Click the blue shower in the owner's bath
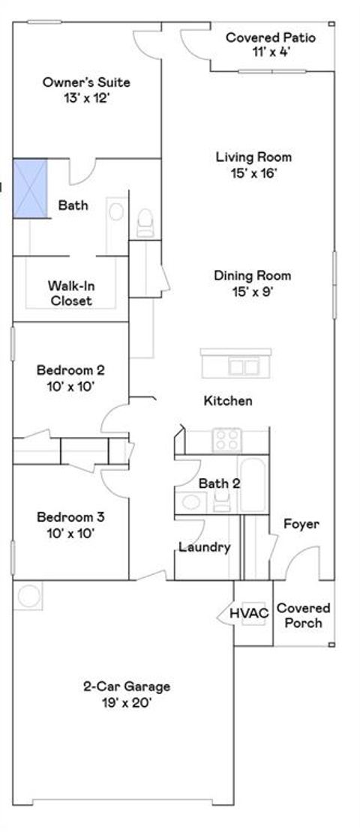[x=30, y=188]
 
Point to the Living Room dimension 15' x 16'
[x=253, y=173]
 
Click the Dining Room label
[x=253, y=276]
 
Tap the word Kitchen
[x=228, y=401]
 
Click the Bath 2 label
[x=219, y=483]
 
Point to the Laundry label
[x=204, y=547]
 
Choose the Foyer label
[x=301, y=524]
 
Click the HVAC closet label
[x=249, y=614]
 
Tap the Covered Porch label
[x=304, y=615]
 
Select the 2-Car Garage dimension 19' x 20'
[x=126, y=702]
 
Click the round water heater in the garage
[x=29, y=597]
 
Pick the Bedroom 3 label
[x=70, y=517]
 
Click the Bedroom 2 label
[x=70, y=370]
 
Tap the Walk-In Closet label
[x=71, y=293]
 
